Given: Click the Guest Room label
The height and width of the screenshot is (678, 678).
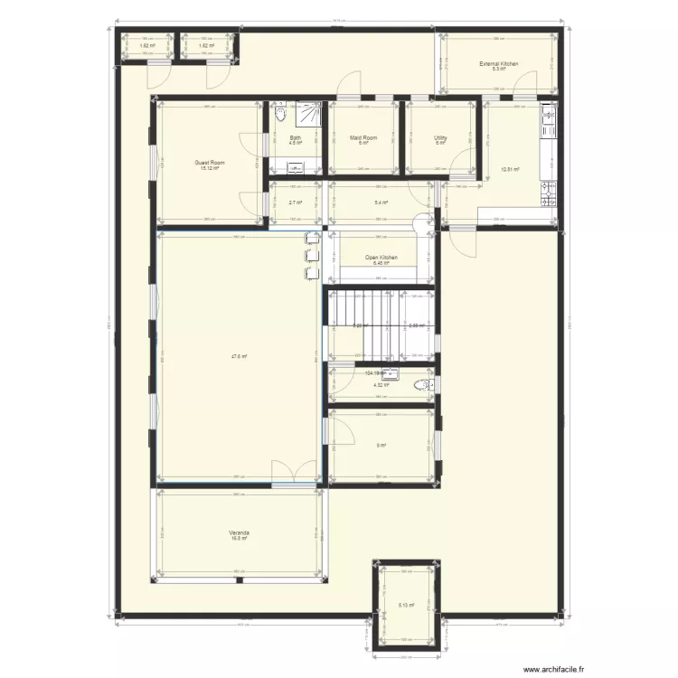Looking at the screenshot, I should pos(210,163).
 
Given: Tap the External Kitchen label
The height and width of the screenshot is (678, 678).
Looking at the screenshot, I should pos(498,63).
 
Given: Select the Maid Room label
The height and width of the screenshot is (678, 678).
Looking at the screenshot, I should pos(363,137).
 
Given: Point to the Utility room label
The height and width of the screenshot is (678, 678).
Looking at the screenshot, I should pos(440,137).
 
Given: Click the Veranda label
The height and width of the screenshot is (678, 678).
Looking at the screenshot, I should pos(239,533).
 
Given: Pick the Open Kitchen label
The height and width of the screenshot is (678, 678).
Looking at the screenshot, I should pos(381,258).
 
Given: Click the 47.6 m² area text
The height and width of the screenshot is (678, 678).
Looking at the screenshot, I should pos(239,356).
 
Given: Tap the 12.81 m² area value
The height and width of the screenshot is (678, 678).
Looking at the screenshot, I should pos(509,169).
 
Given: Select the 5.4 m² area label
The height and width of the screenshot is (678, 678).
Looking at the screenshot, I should pos(381,202).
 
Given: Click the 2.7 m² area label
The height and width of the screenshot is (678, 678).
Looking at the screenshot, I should pos(295,202).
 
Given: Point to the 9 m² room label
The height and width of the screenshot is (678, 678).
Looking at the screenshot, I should pos(381,445).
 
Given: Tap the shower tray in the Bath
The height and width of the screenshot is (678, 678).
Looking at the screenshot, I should pos(309,114).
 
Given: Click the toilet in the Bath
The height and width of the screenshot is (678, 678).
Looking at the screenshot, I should pos(279,115).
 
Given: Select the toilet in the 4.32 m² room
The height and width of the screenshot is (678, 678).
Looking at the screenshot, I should pos(422,386).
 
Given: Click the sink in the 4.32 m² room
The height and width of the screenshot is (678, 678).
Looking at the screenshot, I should pos(391,373).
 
